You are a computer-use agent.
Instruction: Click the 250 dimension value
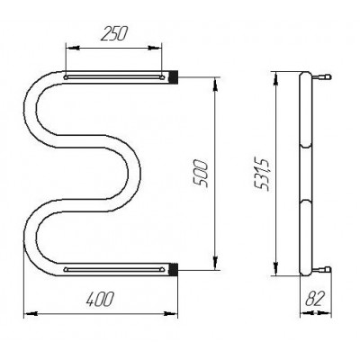pyautogui.click(x=114, y=33)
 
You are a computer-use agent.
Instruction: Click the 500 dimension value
pyautogui.click(x=200, y=174)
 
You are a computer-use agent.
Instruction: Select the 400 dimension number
pyautogui.click(x=100, y=299)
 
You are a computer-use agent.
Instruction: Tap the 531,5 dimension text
pyautogui.click(x=262, y=175)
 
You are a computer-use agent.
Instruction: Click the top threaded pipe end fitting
pyautogui.click(x=174, y=76)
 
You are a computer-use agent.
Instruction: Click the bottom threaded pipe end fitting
pyautogui.click(x=174, y=269)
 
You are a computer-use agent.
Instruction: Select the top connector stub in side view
pyautogui.click(x=321, y=77)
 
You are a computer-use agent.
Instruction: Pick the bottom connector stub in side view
pyautogui.click(x=321, y=269)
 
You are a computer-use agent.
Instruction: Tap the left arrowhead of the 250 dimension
pyautogui.click(x=72, y=48)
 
